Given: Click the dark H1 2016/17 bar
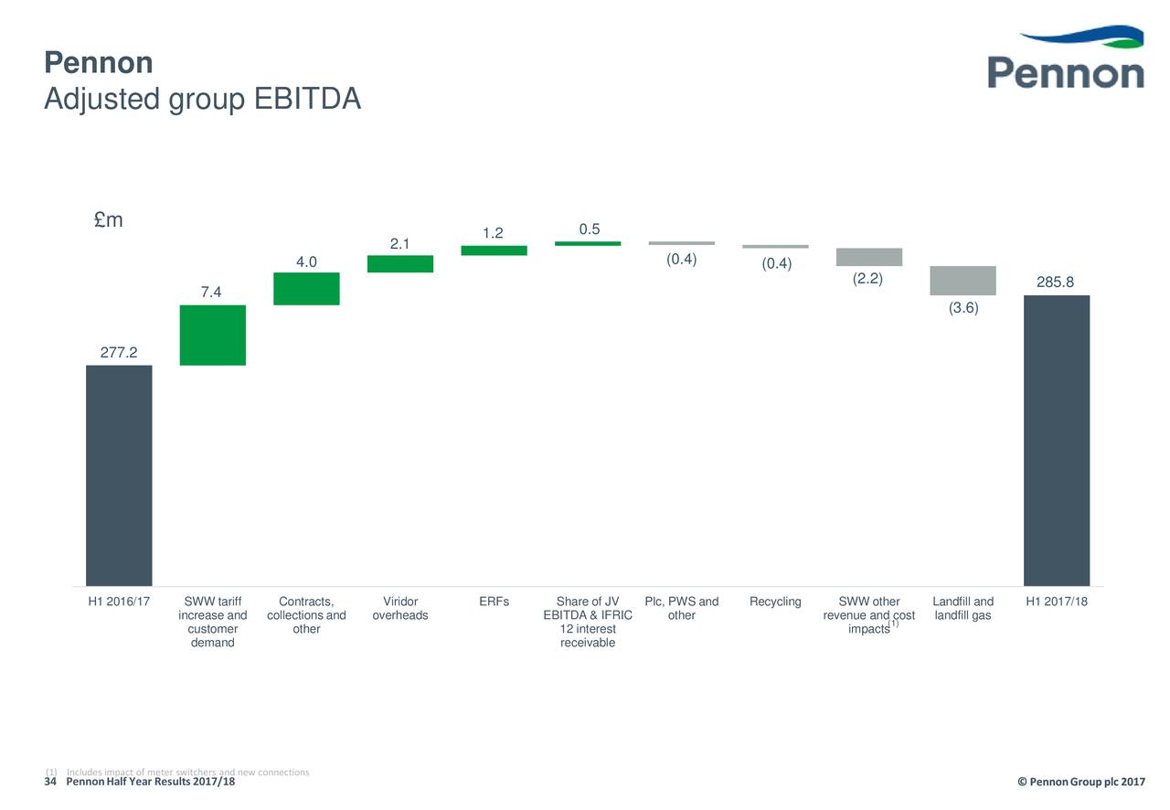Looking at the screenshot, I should tap(119, 475).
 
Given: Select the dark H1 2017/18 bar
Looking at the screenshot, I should tap(1056, 440).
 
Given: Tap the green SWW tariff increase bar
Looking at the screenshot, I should tap(213, 335).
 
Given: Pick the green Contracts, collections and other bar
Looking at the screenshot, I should tap(306, 288).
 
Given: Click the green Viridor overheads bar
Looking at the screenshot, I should tap(400, 263).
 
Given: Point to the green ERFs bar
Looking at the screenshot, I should tap(494, 250).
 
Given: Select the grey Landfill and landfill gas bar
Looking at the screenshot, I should tap(963, 280).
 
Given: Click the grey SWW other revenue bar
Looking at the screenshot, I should tap(868, 257).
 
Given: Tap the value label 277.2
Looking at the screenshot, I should tap(119, 352).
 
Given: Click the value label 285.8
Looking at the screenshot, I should tap(1056, 282).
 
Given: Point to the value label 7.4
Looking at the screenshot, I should tap(211, 292).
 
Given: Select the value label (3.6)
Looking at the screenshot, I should tap(963, 308).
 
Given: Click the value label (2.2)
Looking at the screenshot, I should tap(867, 279).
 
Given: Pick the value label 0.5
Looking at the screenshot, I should tap(589, 229).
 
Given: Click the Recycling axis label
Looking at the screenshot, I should tap(775, 602).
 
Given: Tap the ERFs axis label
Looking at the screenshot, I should tap(494, 602).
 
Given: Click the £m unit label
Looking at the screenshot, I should tap(109, 220).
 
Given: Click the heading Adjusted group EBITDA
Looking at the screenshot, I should tap(202, 99).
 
